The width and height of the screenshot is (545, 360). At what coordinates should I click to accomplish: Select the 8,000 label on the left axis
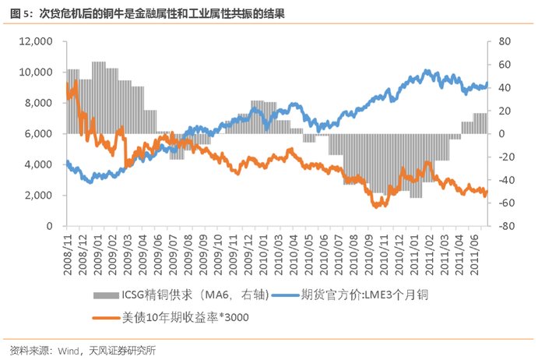pyautogui.click(x=37, y=103)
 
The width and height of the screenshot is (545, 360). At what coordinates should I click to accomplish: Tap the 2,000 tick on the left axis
pyautogui.click(x=37, y=196)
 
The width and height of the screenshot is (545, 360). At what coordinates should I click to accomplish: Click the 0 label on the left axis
pyautogui.click(x=48, y=226)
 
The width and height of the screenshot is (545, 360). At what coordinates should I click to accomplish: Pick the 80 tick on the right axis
pyautogui.click(x=505, y=41)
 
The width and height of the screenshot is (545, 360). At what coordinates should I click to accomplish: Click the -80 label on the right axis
pyautogui.click(x=506, y=226)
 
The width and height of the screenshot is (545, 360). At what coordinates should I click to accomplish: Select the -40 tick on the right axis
pyautogui.click(x=506, y=180)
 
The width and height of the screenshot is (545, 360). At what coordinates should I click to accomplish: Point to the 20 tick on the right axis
pyautogui.click(x=505, y=111)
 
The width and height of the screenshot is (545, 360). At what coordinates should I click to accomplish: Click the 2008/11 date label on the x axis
pyautogui.click(x=69, y=253)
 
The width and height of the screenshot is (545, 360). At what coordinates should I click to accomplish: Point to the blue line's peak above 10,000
pyautogui.click(x=425, y=71)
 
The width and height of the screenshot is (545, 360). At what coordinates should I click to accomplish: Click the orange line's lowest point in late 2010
pyautogui.click(x=376, y=206)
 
